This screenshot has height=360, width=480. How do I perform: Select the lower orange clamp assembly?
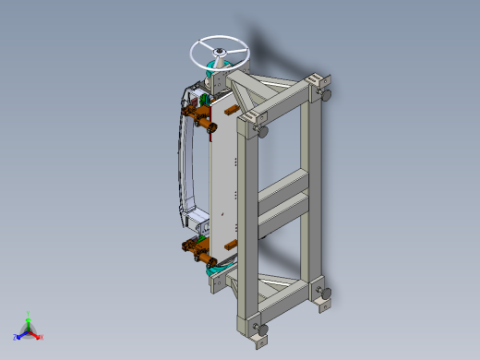198,247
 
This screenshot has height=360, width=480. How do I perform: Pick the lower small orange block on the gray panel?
231,246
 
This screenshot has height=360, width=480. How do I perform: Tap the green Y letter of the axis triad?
30,314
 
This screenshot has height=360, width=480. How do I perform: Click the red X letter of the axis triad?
42,337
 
